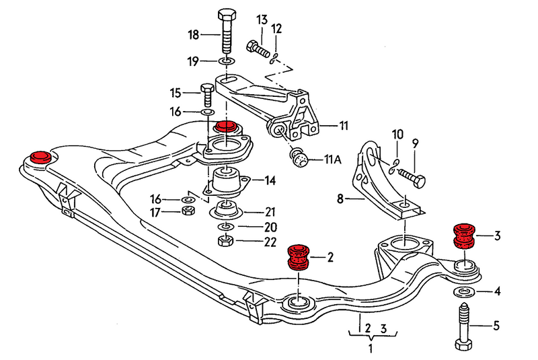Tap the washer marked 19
[x=227, y=62]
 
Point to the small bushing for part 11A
[x=299, y=159]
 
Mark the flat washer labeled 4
[x=463, y=291]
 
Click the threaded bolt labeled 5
[x=463, y=326]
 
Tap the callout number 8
[x=340, y=199]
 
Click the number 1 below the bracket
[x=370, y=349]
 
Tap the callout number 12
[x=276, y=28]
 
